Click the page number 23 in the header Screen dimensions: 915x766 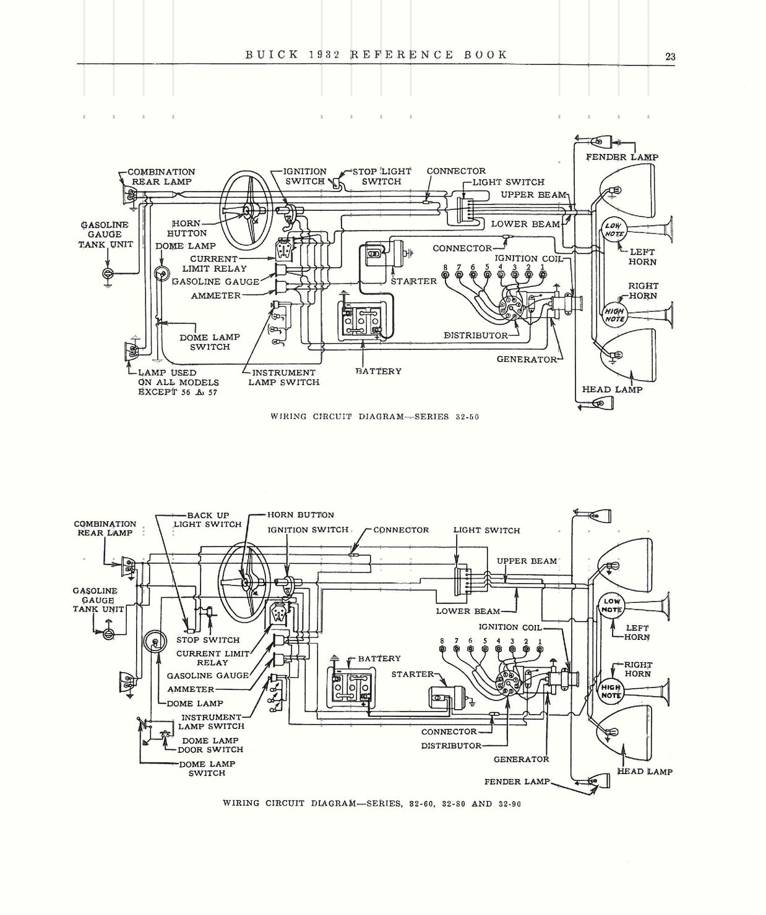coord(670,56)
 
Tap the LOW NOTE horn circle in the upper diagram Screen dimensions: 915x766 coord(614,230)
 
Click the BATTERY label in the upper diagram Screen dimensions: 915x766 coord(378,371)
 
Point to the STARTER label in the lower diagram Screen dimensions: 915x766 coord(412,674)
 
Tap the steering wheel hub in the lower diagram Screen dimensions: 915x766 coord(247,581)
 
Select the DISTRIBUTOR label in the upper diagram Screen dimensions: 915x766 coord(476,335)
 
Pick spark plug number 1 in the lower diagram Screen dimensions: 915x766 coord(540,649)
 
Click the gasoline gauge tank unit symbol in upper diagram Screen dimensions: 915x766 coord(108,273)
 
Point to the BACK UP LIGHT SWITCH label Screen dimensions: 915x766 coord(207,519)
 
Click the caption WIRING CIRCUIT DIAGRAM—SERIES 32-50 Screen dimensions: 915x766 coord(375,417)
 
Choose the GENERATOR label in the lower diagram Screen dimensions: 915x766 coord(521,759)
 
